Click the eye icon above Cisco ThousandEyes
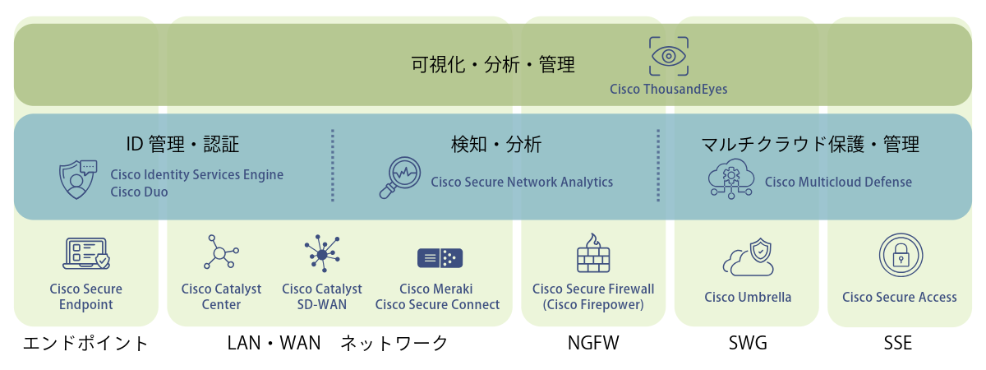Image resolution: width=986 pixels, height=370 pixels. [x=669, y=56]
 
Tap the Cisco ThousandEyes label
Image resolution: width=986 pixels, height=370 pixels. [x=668, y=88]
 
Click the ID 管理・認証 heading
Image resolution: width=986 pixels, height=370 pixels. [x=182, y=146]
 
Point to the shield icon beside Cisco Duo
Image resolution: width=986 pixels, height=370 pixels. [x=78, y=181]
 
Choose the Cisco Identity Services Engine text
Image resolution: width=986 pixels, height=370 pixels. [x=196, y=174]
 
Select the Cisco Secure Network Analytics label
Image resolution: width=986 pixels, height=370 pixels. [x=522, y=182]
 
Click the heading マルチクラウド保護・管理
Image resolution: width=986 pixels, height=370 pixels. [x=809, y=146]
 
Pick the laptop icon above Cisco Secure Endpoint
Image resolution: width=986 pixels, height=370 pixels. [x=85, y=253]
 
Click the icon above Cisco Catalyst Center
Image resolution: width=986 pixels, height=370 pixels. [x=220, y=252]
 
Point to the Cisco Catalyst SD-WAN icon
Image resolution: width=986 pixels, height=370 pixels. [x=321, y=254]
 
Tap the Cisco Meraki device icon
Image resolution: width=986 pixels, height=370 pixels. [x=440, y=257]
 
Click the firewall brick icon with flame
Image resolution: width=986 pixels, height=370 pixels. [x=592, y=253]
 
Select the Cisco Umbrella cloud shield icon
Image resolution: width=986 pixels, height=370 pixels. [x=749, y=257]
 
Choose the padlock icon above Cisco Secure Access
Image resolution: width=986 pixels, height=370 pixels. [x=900, y=255]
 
